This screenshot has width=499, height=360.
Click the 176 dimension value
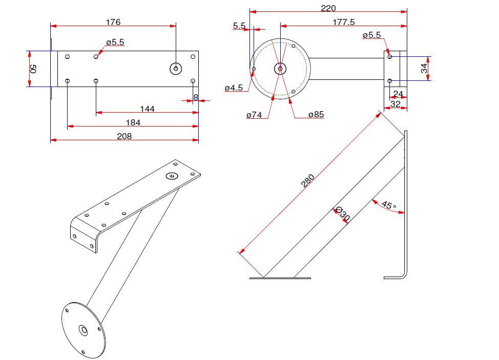[113, 22]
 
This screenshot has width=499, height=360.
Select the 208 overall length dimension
[124, 136]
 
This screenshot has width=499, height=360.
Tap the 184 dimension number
[133, 122]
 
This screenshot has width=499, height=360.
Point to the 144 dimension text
[148, 109]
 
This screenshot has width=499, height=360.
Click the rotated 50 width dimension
[33, 69]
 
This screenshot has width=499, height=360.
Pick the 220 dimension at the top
[328, 8]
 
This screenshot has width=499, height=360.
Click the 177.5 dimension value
[344, 22]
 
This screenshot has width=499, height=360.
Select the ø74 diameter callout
[254, 115]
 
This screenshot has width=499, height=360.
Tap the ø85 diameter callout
[316, 115]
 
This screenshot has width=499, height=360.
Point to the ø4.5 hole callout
[234, 88]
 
